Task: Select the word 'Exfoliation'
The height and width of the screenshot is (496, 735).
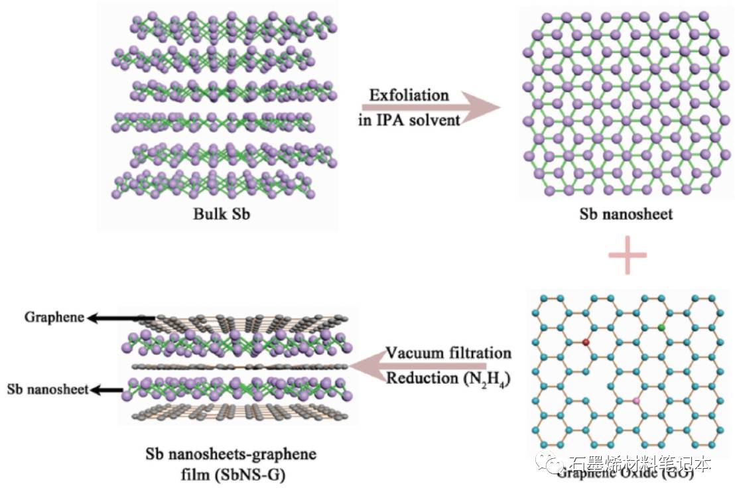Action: [x=409, y=95]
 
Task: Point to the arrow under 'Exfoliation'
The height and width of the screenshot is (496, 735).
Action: [x=431, y=108]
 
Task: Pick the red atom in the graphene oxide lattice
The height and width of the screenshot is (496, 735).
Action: [x=586, y=342]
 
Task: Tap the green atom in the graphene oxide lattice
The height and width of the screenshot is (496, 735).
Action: [x=661, y=328]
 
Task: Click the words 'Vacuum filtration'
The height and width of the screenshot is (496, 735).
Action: [x=448, y=352]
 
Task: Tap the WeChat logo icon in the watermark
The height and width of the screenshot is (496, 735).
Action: [x=549, y=464]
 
